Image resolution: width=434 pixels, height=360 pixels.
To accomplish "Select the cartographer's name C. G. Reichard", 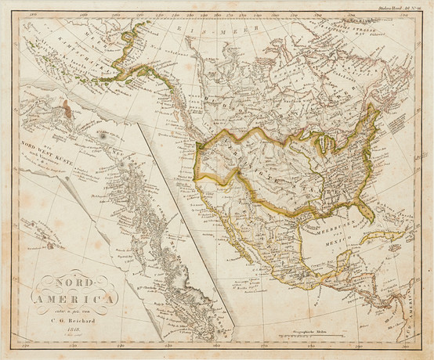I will point(73,320).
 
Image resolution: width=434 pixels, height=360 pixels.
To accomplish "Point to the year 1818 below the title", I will point(72,330).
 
